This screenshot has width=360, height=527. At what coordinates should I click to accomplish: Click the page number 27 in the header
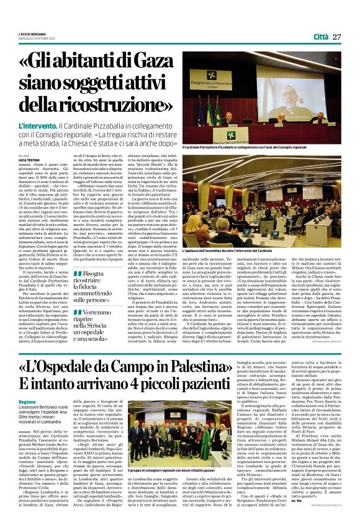338,37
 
